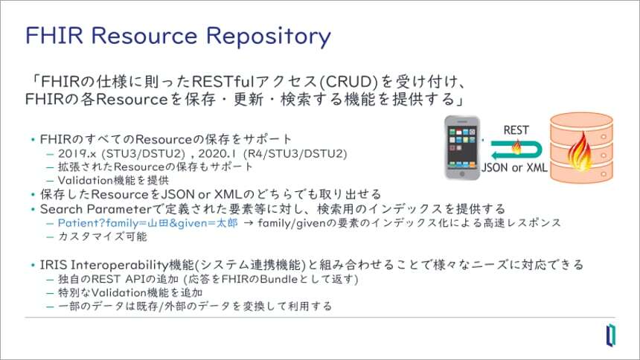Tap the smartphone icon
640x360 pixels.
[x=461, y=147]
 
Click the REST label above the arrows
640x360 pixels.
[x=516, y=129]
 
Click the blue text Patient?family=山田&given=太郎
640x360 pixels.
[x=147, y=222]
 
